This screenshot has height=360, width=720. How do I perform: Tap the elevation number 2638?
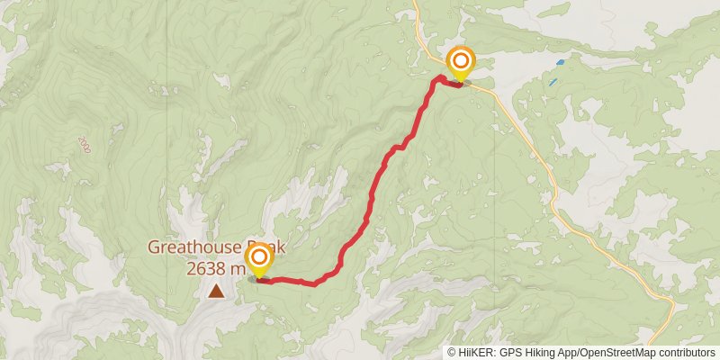click(207, 267)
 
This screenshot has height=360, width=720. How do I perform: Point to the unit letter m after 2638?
click(238, 267)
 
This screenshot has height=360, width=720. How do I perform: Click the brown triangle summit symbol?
click(216, 291)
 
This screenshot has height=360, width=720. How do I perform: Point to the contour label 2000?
click(85, 143)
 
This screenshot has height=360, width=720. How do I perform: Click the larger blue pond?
click(561, 62)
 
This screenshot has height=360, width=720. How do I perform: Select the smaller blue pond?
click(550, 82)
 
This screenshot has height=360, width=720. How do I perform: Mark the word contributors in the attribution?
click(688, 353)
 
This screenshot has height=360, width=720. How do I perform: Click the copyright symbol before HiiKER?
click(452, 353)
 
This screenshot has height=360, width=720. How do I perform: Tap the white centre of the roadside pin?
click(461, 61)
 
